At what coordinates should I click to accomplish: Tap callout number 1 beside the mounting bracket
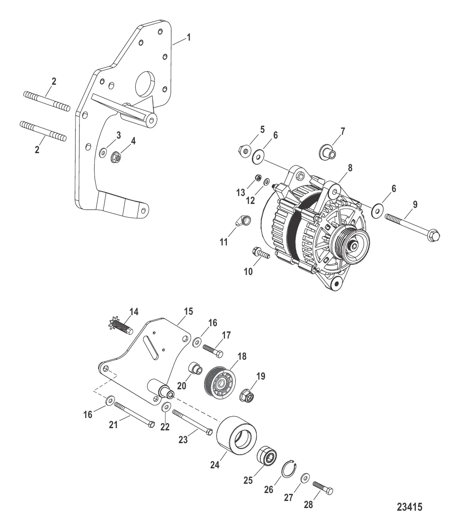click(189, 38)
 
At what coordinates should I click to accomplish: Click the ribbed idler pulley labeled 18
click(220, 382)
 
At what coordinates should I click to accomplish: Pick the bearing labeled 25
click(267, 456)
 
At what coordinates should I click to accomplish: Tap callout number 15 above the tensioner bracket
click(189, 312)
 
